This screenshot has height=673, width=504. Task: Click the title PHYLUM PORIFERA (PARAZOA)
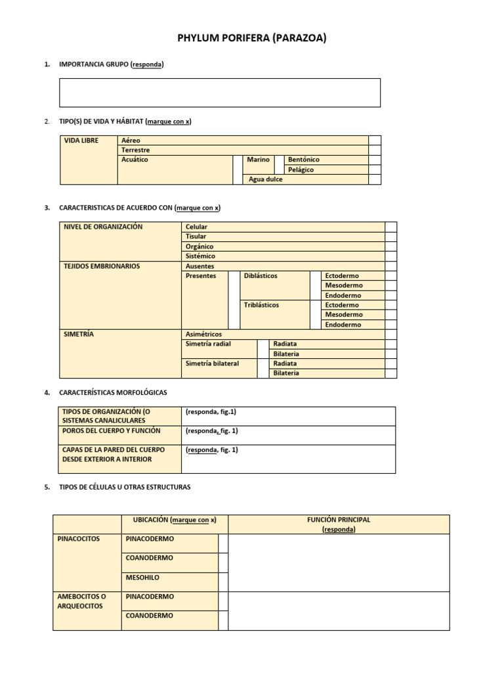(252, 39)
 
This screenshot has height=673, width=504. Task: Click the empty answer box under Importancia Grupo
(220, 93)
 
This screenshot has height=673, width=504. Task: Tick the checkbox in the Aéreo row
(374, 141)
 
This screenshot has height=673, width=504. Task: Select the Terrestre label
(136, 150)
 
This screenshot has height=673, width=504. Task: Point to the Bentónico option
(304, 160)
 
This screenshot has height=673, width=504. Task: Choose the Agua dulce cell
(266, 179)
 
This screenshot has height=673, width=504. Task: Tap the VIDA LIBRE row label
(81, 141)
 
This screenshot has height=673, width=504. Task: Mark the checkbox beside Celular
(390, 227)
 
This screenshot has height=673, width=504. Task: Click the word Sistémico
(200, 256)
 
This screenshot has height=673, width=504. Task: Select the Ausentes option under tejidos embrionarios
(199, 266)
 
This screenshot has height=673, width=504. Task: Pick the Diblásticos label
(261, 276)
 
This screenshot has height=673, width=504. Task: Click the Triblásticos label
(261, 305)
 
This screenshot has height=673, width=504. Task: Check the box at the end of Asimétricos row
(390, 335)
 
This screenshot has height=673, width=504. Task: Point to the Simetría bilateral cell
(213, 363)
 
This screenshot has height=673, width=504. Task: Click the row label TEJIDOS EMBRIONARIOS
(101, 266)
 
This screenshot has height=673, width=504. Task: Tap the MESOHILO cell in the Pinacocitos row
(142, 578)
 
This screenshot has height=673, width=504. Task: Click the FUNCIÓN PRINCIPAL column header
(339, 524)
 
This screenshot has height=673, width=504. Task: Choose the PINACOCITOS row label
(79, 539)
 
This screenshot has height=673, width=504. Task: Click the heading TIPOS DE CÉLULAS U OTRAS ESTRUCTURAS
(125, 487)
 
